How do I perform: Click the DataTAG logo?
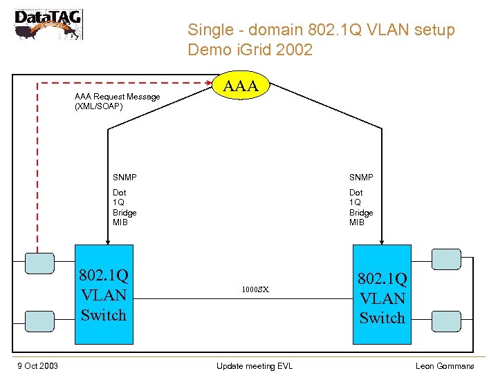[x=48, y=24]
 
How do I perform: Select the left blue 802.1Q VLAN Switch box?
[x=104, y=294]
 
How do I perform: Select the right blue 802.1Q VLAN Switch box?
[x=382, y=294]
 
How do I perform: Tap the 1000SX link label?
[x=255, y=290]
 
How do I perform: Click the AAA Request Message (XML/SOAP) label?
[x=117, y=102]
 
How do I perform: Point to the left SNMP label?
[x=124, y=178]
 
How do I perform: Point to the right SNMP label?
[x=361, y=178]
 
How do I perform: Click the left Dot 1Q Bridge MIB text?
[x=124, y=207]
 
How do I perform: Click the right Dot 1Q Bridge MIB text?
[x=361, y=207]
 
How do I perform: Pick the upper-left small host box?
[x=39, y=262]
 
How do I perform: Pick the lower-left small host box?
[x=39, y=320]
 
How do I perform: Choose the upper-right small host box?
[x=446, y=259]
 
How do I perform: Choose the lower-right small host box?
[x=446, y=321]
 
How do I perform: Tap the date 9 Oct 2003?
[x=38, y=365]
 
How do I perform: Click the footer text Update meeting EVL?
[x=254, y=365]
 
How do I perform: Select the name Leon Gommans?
[x=445, y=365]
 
